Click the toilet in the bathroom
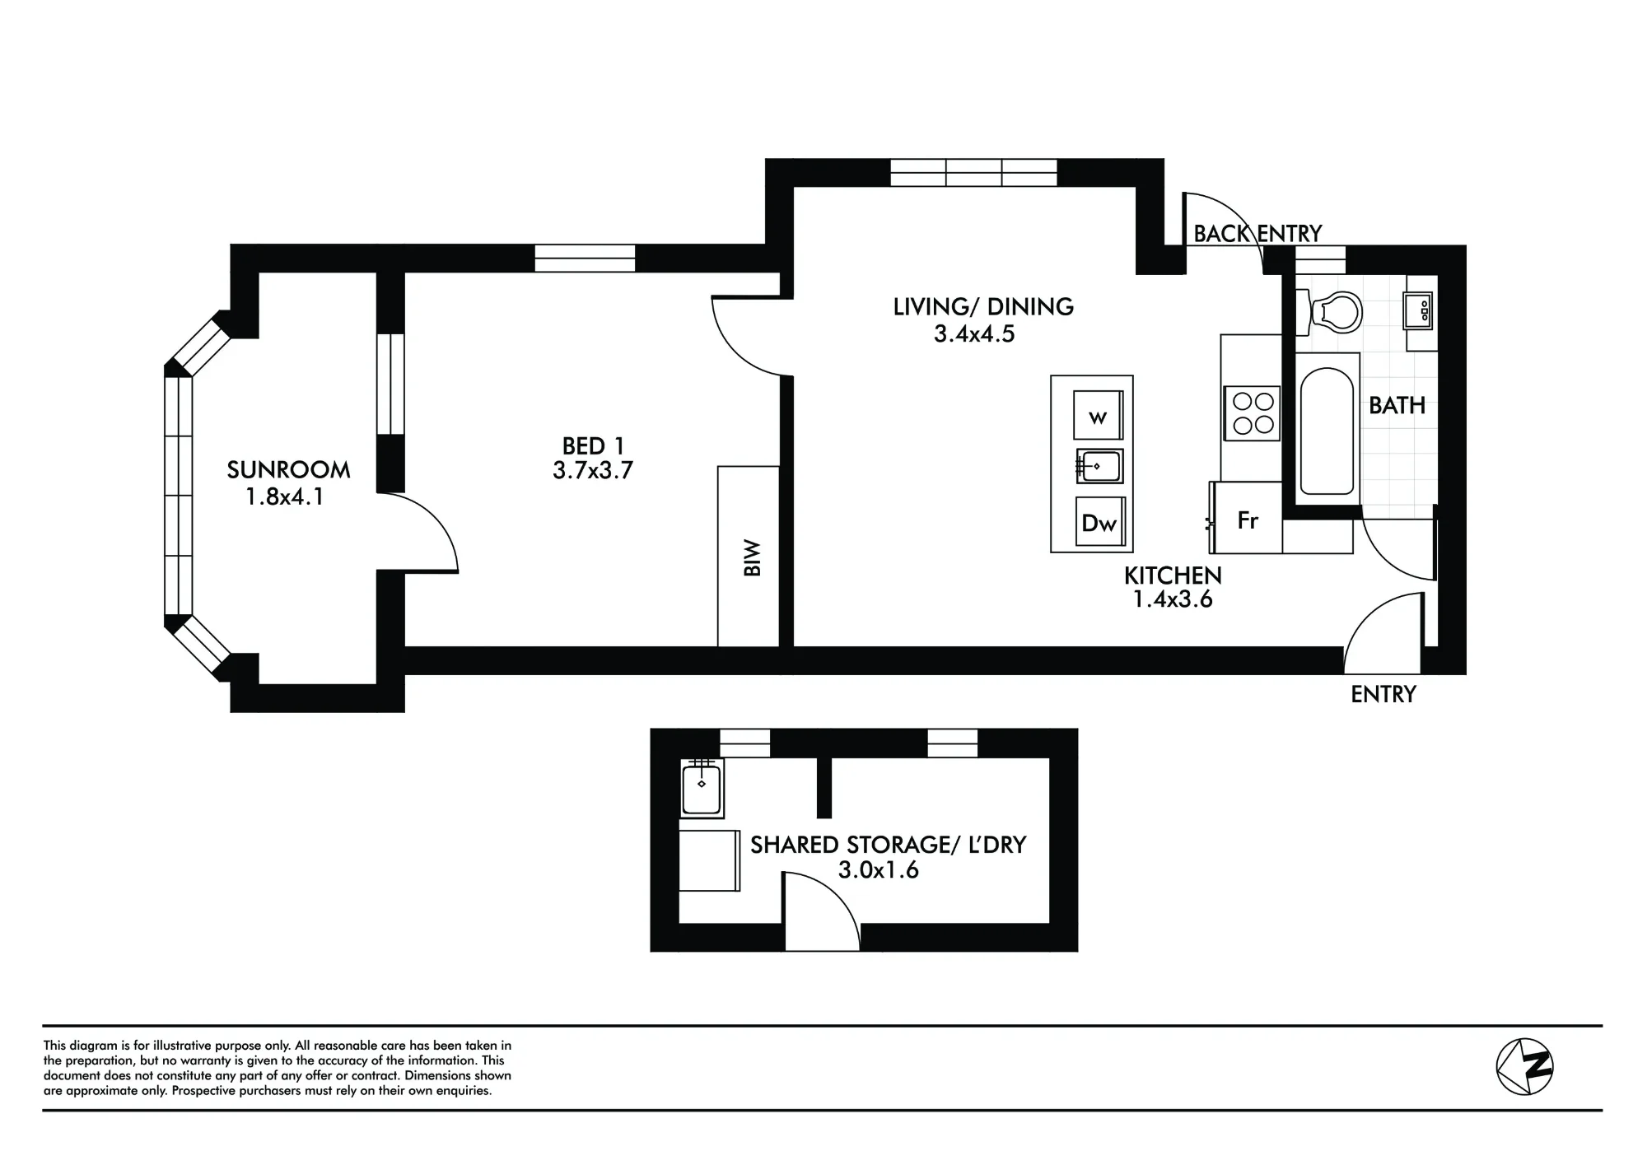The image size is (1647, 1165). tap(1329, 313)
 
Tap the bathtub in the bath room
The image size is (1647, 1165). tap(1327, 431)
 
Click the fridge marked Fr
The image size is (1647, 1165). tap(1247, 518)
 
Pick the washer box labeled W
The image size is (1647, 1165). tap(1099, 416)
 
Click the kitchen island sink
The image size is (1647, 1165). tap(1099, 467)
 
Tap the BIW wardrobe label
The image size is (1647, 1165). tap(752, 557)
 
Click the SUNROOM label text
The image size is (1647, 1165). tap(288, 470)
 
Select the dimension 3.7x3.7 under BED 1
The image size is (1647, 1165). tap(593, 471)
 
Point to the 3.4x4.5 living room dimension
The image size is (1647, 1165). tap(974, 334)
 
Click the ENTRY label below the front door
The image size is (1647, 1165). tap(1383, 695)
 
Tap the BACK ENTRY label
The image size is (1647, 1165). tap(1257, 234)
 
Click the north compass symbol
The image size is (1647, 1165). tap(1524, 1066)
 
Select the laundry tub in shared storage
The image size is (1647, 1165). tap(702, 789)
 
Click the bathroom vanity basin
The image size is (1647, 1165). tap(1419, 311)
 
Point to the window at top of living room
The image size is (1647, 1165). tap(973, 173)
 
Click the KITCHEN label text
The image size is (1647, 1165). tap(1173, 576)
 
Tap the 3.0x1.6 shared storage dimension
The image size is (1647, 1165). tap(879, 870)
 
